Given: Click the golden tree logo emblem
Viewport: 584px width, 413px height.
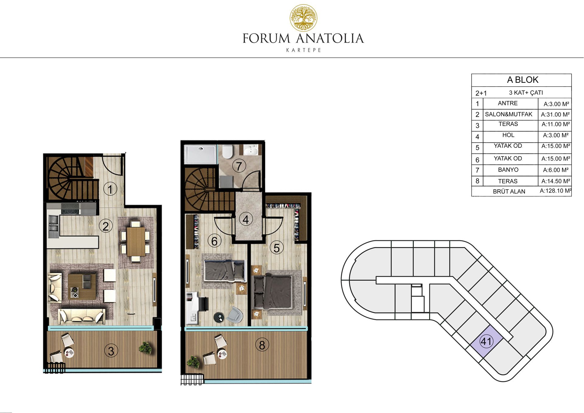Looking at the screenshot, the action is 303,18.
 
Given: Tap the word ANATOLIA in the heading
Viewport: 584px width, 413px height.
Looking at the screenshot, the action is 329,39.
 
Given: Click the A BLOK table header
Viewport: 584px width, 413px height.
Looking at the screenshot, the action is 523,80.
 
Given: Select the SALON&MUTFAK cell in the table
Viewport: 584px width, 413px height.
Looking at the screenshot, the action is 509,114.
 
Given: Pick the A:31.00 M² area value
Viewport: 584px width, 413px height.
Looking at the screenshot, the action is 555,115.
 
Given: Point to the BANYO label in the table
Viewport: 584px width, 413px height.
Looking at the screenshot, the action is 508,170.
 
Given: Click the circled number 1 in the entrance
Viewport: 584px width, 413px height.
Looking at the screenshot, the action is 110,189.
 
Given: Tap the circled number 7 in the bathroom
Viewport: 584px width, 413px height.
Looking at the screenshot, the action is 239,166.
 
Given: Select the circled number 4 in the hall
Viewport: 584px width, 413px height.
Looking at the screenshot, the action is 246,219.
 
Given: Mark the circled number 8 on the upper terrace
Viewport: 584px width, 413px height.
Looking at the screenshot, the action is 262,345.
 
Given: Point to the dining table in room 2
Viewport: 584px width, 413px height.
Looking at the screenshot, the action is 136,241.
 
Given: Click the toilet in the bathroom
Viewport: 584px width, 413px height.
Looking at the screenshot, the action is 227,151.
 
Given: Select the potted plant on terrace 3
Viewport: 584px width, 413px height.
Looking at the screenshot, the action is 145,348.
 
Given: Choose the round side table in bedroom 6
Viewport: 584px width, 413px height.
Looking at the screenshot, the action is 218,317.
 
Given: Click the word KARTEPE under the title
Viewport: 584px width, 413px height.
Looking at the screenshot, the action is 303,50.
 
